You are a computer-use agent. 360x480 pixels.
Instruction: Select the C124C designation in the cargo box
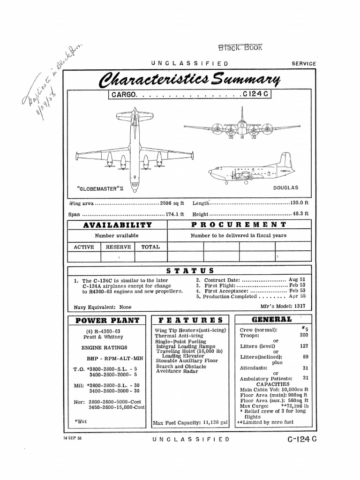[256, 95]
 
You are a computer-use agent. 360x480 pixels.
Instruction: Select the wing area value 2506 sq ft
[172, 204]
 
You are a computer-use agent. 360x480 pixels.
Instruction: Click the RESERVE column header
[118, 247]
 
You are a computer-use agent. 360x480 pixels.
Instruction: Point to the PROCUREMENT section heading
[238, 225]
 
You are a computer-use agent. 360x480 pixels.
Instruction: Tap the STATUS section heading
[190, 270]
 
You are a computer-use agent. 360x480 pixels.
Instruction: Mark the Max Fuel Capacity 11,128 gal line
[190, 422]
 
